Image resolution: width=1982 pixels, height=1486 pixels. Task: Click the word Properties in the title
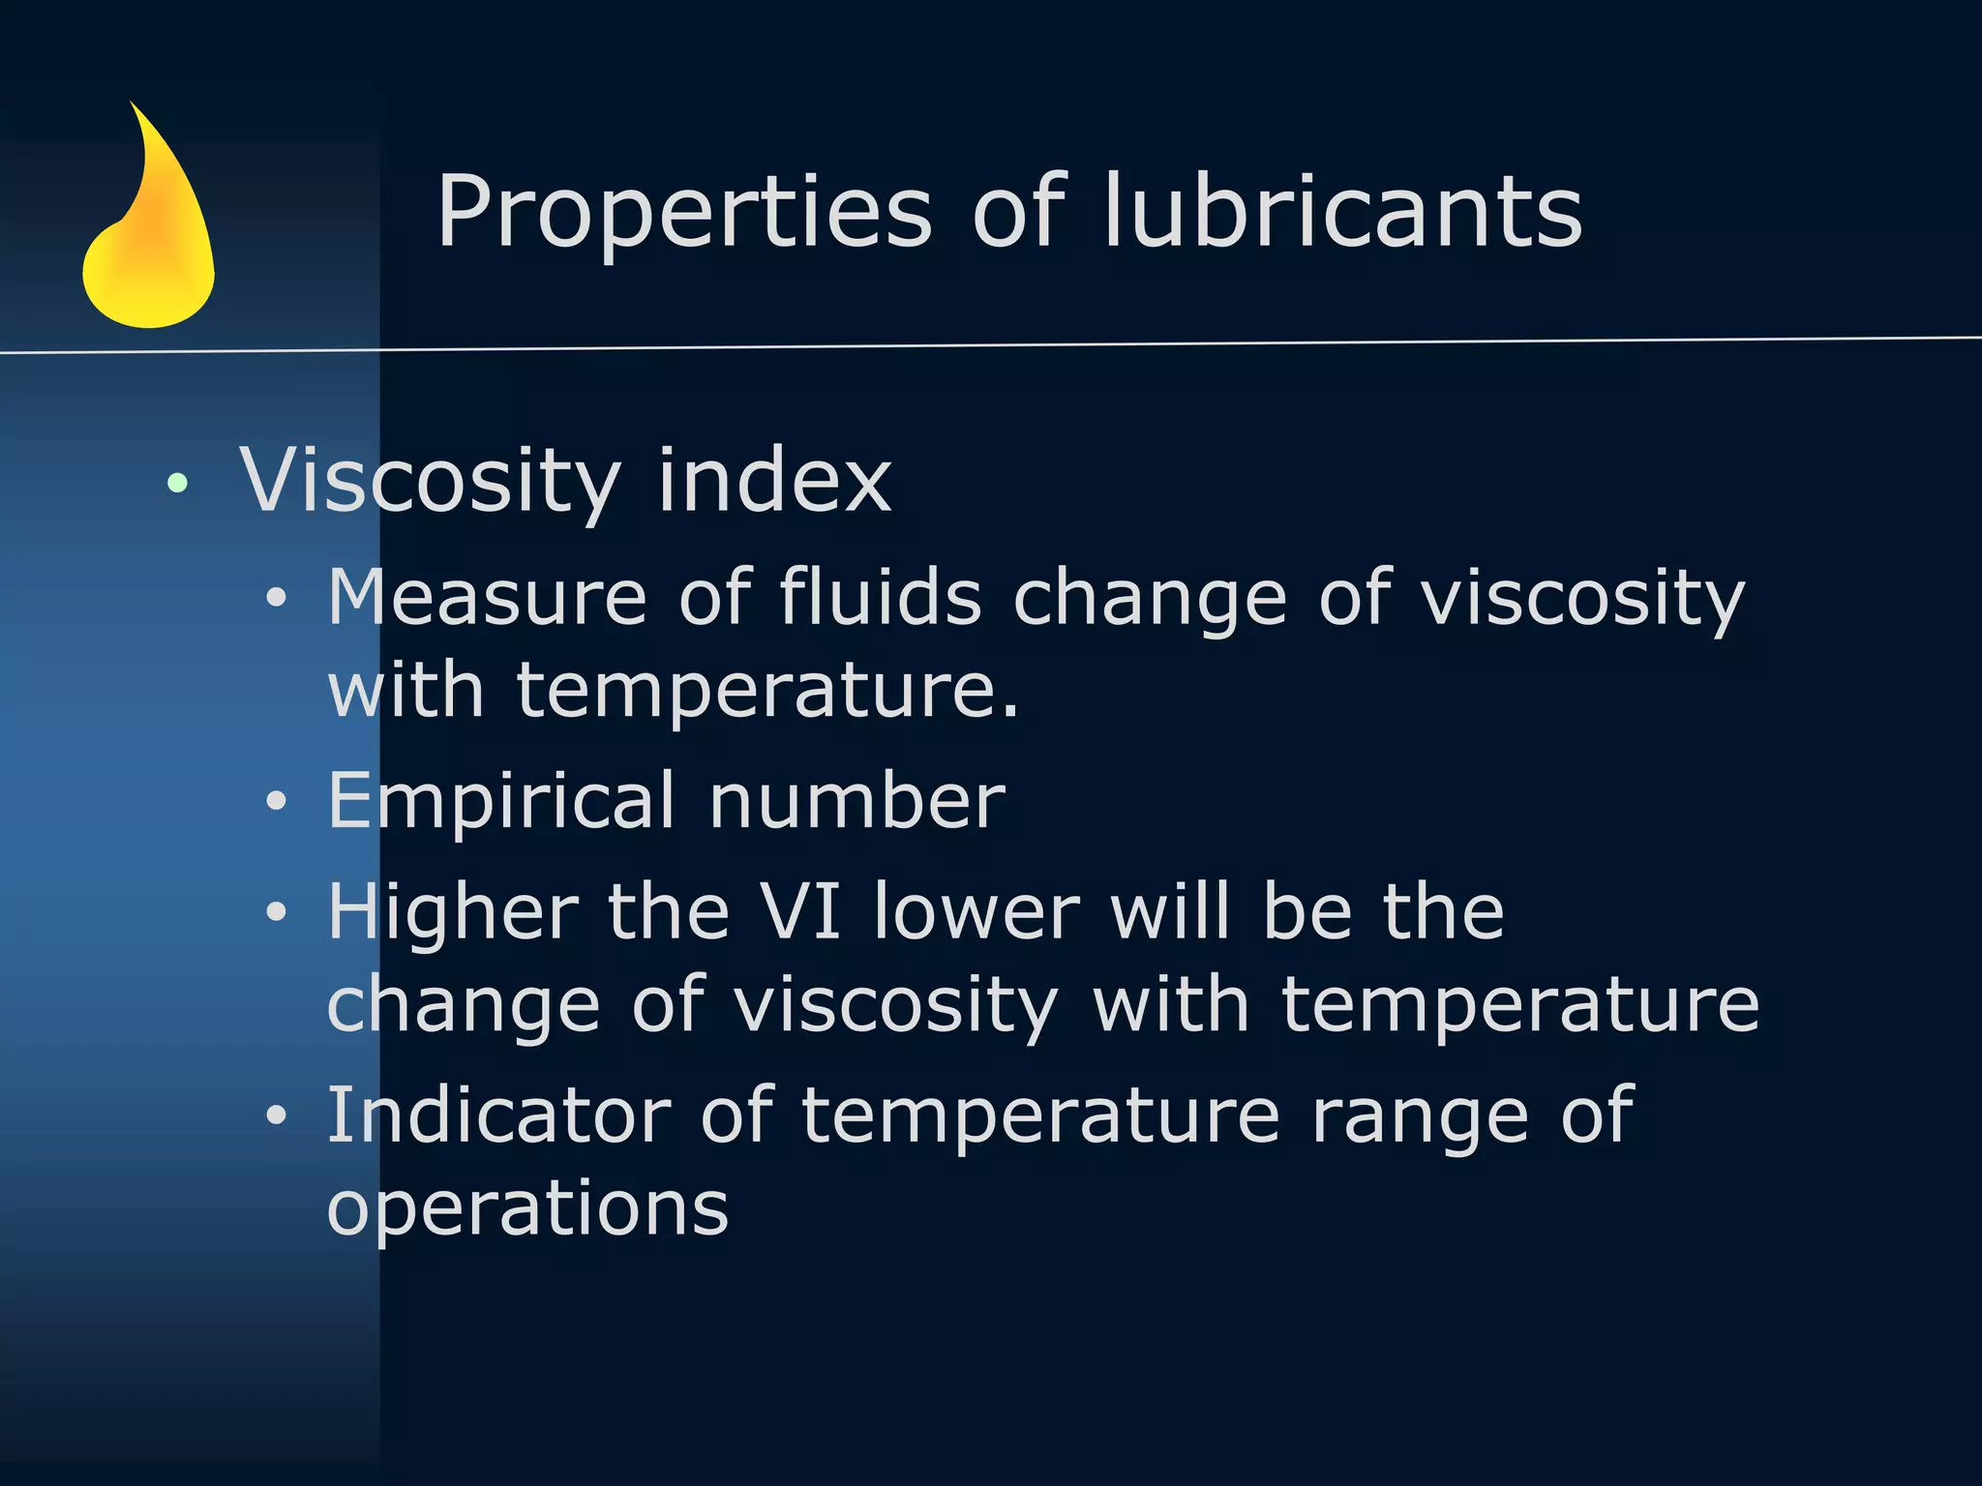click(684, 213)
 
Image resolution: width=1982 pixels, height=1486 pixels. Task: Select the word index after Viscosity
click(774, 480)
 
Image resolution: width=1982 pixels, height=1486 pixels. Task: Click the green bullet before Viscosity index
click(177, 482)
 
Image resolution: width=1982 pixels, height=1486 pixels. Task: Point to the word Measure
click(487, 598)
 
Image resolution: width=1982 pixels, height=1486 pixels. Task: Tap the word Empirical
click(501, 802)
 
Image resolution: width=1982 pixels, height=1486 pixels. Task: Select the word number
click(857, 802)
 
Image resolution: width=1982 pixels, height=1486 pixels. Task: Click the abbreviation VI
click(800, 911)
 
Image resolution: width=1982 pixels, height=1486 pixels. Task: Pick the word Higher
click(453, 911)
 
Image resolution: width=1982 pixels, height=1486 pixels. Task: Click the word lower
click(976, 911)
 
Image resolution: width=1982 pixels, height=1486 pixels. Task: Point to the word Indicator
click(498, 1115)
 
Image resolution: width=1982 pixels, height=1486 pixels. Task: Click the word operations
click(527, 1208)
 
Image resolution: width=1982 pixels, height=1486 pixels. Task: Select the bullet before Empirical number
click(277, 802)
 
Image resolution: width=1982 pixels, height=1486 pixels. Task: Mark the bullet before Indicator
click(277, 1115)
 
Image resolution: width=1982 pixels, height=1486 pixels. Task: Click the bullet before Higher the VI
click(277, 911)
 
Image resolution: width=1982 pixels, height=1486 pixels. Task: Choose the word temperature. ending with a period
click(768, 691)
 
